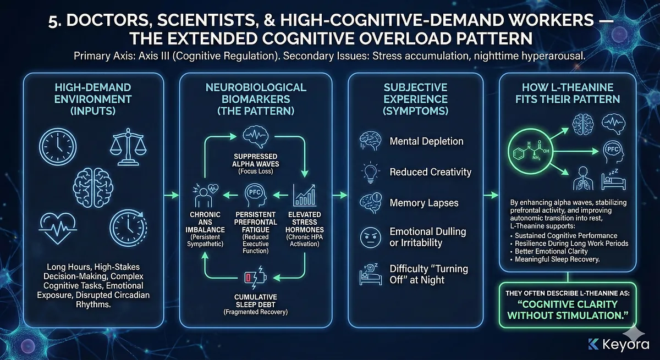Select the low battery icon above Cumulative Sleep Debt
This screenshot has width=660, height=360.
(250, 274)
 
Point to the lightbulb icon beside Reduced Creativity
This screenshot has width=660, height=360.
(367, 172)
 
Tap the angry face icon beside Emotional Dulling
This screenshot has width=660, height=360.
(367, 237)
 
